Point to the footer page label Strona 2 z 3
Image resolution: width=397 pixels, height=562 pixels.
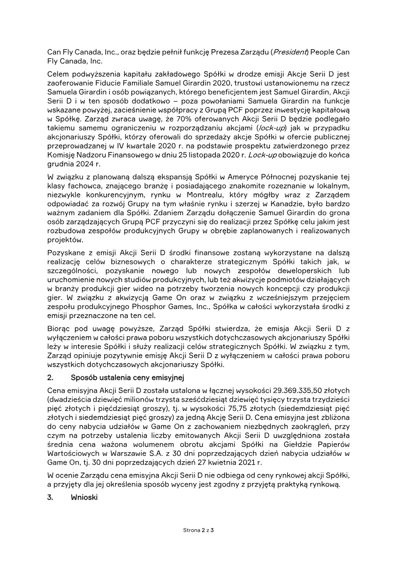[198, 531]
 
